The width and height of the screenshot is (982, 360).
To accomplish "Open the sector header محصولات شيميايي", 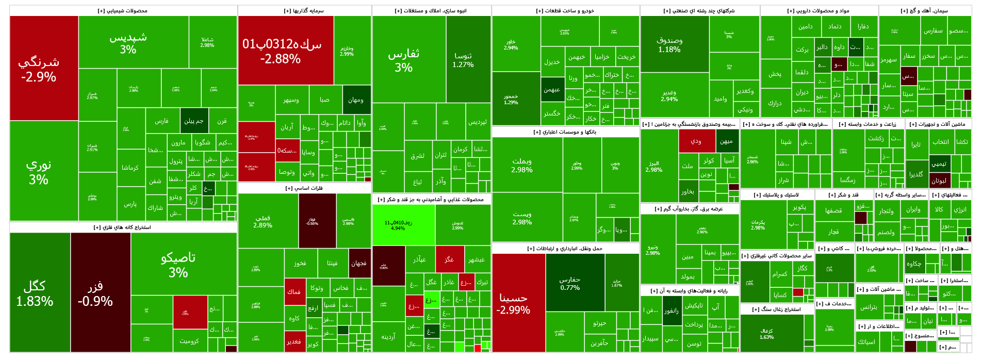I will pos(123,11).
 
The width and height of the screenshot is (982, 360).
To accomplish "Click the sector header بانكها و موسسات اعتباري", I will pos(565,132).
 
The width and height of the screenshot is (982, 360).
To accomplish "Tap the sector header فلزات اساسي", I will pos(304,188).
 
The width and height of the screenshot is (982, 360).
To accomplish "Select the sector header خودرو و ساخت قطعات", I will pos(565,11).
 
